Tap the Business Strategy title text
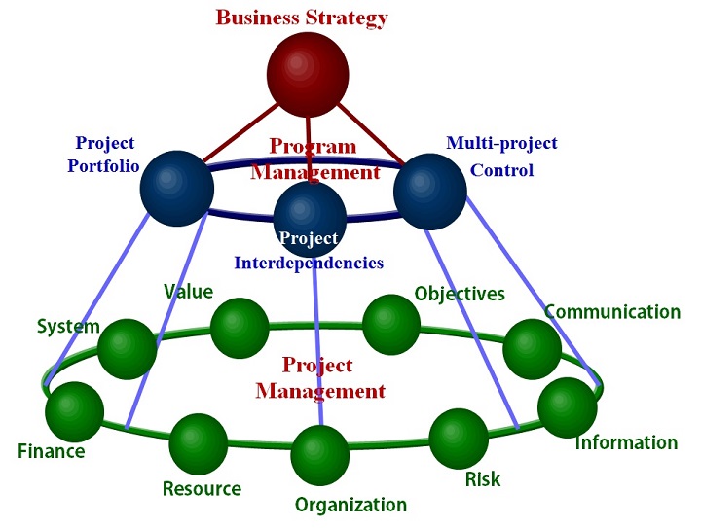(x=302, y=18)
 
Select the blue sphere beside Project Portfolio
(x=177, y=187)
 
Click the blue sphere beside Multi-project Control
(x=430, y=191)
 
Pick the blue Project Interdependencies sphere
(x=310, y=219)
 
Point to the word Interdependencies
(x=309, y=263)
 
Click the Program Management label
(x=314, y=159)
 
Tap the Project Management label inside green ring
(x=319, y=378)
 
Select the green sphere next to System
(x=127, y=347)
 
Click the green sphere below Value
(x=240, y=328)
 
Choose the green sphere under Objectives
(x=391, y=325)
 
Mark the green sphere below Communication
(x=532, y=348)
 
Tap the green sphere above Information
(x=567, y=407)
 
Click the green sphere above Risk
(x=459, y=439)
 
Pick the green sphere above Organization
(x=320, y=455)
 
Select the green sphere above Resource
(x=198, y=443)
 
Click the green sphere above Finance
(x=74, y=412)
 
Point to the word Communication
(x=612, y=312)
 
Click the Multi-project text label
(x=501, y=144)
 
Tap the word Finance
(x=52, y=451)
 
